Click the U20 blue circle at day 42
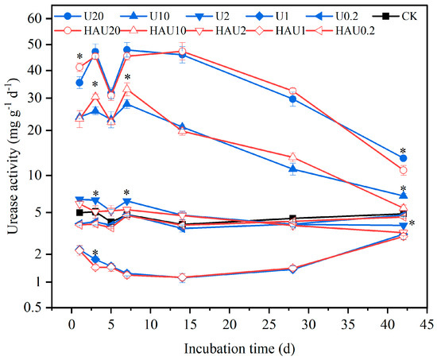pyautogui.click(x=404, y=158)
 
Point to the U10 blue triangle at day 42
pyautogui.click(x=404, y=195)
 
